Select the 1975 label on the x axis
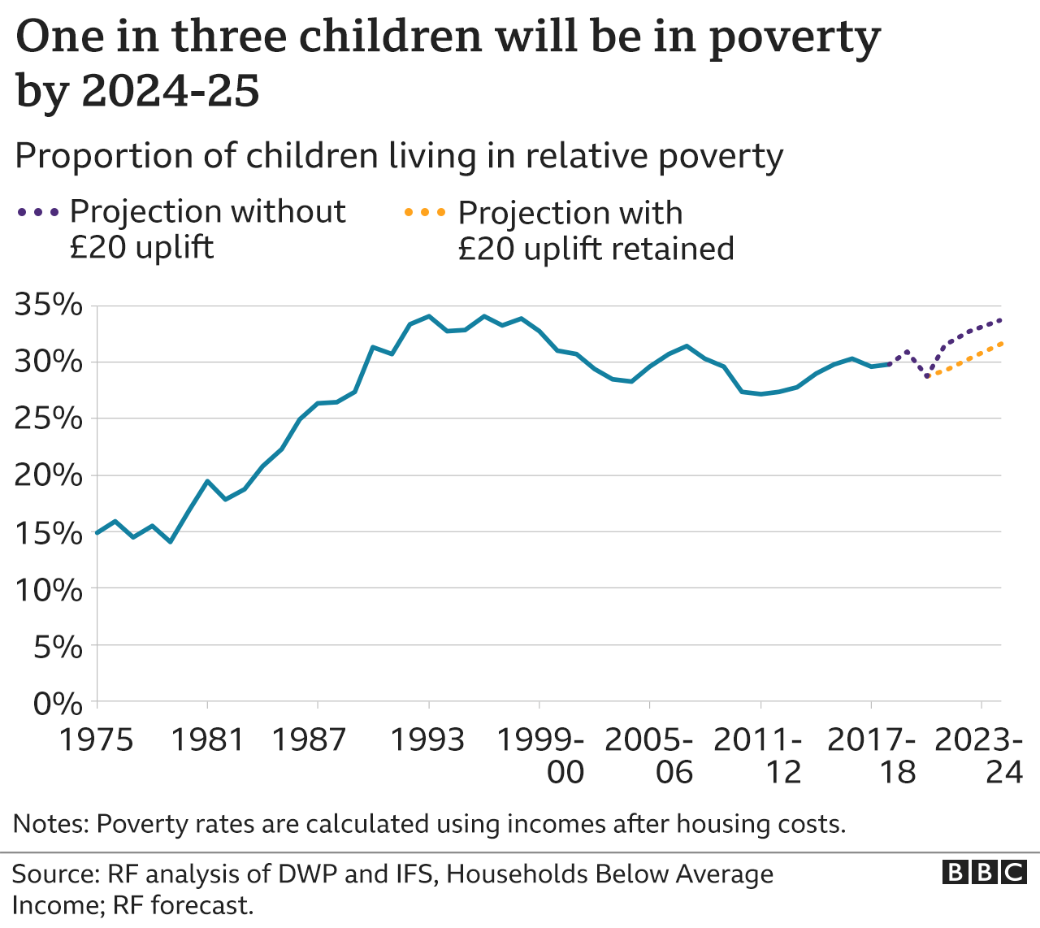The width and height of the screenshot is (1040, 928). coord(97,740)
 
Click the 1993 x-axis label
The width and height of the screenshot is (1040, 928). coord(428,740)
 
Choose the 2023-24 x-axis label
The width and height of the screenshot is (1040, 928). coord(979,756)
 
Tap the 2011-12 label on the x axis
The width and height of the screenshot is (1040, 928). coord(759,756)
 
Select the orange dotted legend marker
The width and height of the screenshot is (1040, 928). coord(425,213)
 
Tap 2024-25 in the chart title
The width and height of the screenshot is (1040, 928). coord(170,89)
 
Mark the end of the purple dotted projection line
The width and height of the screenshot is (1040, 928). coord(1000,320)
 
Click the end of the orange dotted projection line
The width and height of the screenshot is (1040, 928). coord(1000,344)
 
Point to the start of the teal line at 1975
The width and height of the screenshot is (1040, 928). coord(97,533)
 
